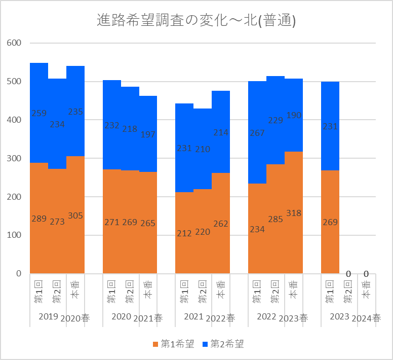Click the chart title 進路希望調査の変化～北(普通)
tap(196, 21)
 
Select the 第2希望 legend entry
tap(223, 344)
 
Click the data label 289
tap(39, 219)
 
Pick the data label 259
tap(39, 113)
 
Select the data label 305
tap(75, 215)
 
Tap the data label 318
tap(294, 213)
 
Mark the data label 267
tap(257, 133)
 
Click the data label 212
tap(184, 233)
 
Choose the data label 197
tap(148, 134)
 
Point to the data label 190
tap(294, 115)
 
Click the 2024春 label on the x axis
tap(366, 318)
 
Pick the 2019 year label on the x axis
tap(48, 316)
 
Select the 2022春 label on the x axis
tap(221, 318)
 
